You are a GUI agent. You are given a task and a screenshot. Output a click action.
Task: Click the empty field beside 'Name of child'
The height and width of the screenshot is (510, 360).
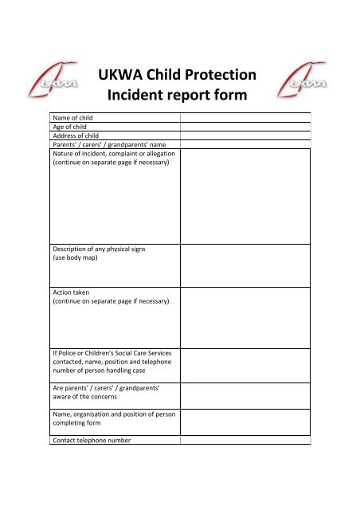pos(245,117)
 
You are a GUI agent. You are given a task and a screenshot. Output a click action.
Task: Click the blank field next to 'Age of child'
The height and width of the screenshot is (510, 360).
pos(245,126)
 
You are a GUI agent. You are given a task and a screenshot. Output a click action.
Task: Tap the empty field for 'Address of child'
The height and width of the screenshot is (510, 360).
pos(245,135)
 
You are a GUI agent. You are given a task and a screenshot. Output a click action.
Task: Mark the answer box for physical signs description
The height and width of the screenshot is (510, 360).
pos(245,265)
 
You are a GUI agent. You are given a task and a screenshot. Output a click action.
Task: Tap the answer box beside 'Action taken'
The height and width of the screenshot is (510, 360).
pos(245,316)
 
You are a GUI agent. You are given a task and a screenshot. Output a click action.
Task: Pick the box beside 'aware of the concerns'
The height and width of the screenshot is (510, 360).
pos(245,394)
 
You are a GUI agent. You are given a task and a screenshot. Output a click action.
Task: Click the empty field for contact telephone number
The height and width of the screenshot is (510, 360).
pos(245,440)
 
